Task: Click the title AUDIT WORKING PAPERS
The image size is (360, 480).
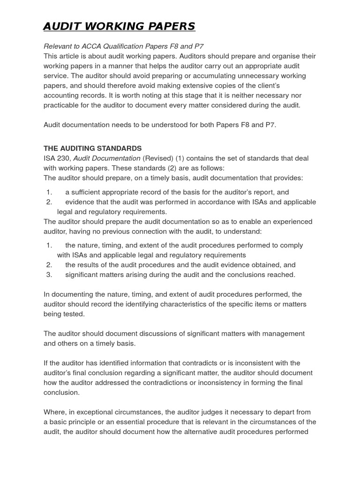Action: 119,26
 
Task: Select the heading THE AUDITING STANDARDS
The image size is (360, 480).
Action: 92,148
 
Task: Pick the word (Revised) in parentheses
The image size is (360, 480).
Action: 158,158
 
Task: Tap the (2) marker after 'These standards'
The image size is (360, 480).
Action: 174,168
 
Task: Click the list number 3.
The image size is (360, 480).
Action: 49,275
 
